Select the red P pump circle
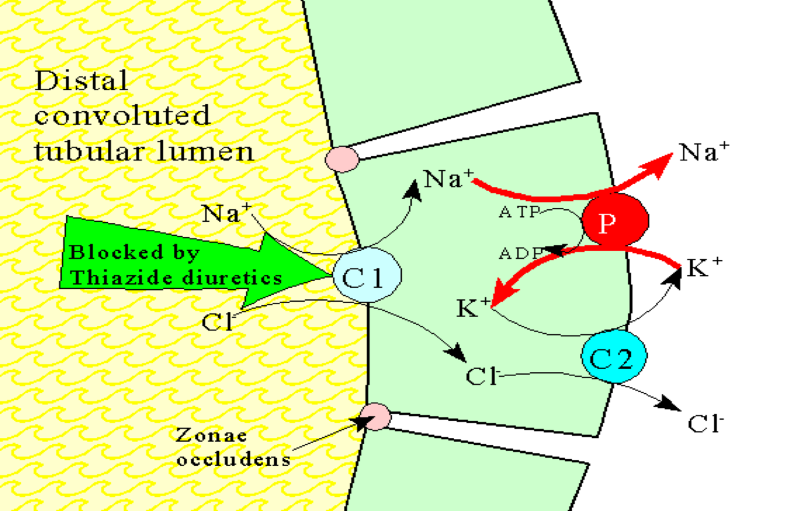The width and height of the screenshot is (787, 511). click(615, 221)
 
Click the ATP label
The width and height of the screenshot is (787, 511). click(519, 213)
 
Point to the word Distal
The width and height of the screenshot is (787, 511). click(81, 81)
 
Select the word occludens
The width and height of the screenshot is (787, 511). click(234, 459)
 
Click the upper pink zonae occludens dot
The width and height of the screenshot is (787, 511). click(342, 159)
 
